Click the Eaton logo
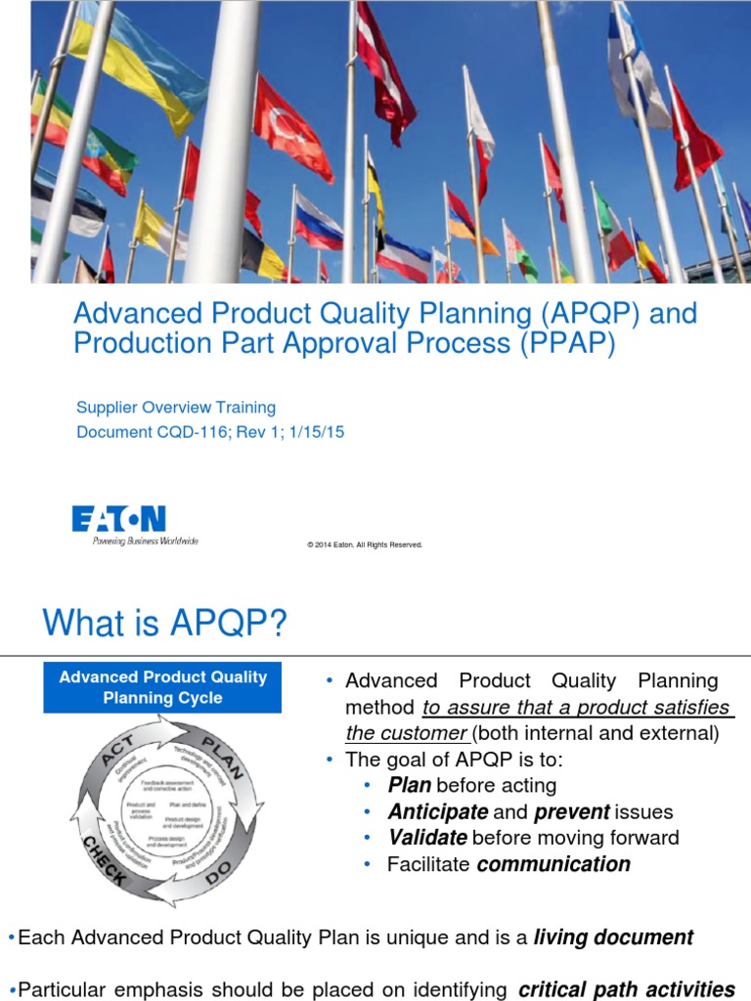(x=118, y=524)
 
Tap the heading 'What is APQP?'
(x=164, y=623)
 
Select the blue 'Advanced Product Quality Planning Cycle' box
(x=162, y=687)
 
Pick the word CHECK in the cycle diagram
(x=103, y=858)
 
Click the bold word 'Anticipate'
(x=437, y=811)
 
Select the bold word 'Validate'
(x=427, y=838)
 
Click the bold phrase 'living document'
(x=613, y=937)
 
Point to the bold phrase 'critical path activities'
(x=626, y=989)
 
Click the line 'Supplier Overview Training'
(x=176, y=407)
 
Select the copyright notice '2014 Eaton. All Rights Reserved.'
(x=366, y=544)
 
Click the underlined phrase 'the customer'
(x=406, y=733)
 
